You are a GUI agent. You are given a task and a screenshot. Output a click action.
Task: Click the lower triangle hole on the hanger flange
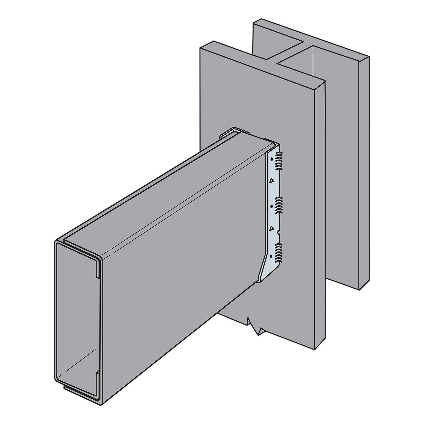pos(271,228)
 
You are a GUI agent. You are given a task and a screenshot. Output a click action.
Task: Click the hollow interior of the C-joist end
pos(77,318)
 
